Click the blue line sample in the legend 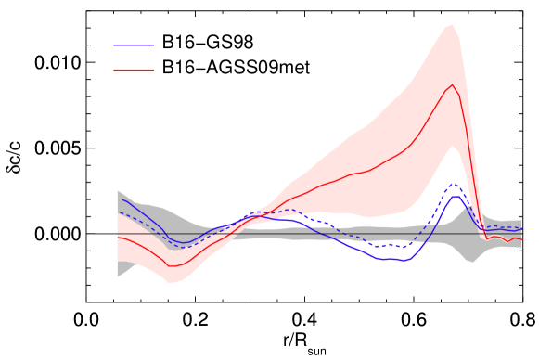point(134,45)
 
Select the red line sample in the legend point(134,70)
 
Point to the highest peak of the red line point(453,85)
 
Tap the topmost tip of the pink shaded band point(452,25)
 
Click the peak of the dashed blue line point(455,184)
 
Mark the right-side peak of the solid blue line point(456,196)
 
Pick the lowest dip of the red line point(171,266)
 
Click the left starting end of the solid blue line point(122,199)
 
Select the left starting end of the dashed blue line point(119,212)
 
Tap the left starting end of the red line point(118,237)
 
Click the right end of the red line point(521,239)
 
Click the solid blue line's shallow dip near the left point(184,243)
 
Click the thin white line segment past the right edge point(531,240)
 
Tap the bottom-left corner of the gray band point(118,276)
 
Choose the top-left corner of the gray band point(118,190)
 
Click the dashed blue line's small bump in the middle point(291,210)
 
